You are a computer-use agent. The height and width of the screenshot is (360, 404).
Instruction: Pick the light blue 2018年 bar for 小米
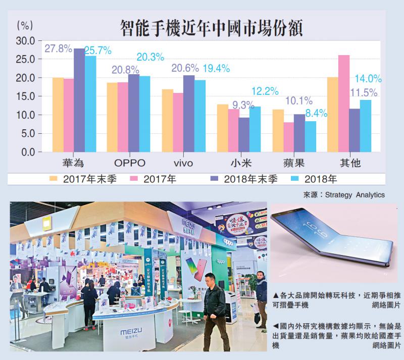(256, 129)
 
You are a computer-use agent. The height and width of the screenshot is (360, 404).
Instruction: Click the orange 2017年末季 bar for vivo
(167, 121)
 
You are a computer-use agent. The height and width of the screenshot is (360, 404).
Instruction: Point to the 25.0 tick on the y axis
(25, 60)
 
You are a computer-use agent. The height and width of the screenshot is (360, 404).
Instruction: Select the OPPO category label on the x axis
(130, 163)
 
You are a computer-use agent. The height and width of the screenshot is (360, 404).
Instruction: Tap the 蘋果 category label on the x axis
(294, 163)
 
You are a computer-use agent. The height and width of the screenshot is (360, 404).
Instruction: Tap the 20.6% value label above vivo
(185, 68)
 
